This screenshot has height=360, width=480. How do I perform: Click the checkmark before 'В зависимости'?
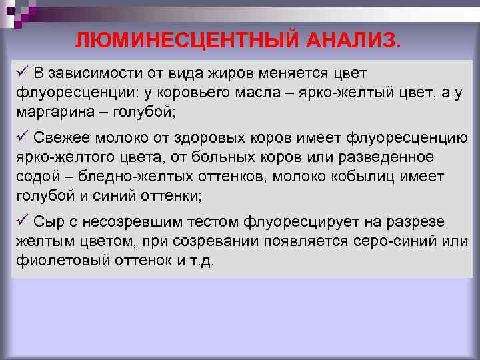tap(23, 71)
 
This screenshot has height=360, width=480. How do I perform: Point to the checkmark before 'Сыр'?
tap(23, 220)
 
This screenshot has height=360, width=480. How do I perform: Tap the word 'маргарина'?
tap(53, 111)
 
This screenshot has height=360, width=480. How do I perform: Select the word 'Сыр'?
tap(48, 221)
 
